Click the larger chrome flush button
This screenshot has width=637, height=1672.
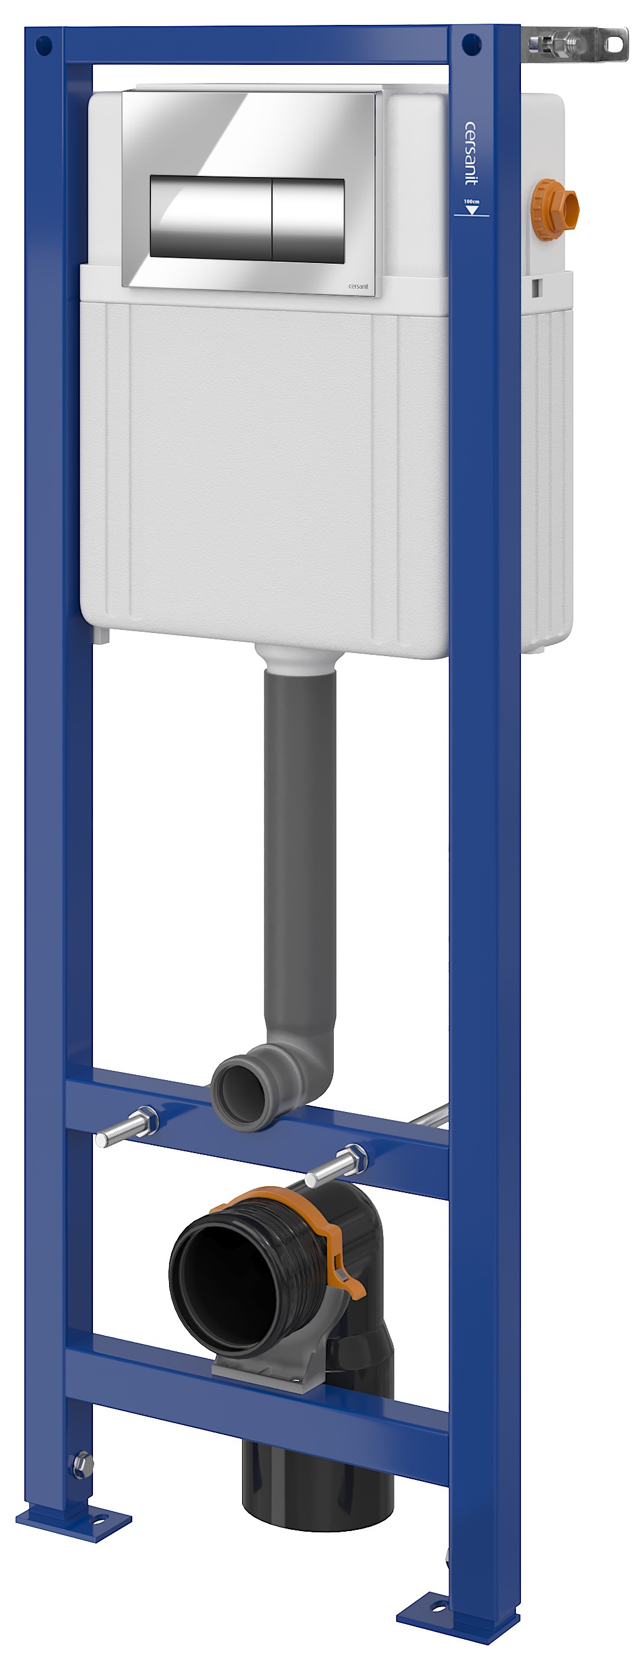[209, 218]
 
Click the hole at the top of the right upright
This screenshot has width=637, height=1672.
[469, 45]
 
